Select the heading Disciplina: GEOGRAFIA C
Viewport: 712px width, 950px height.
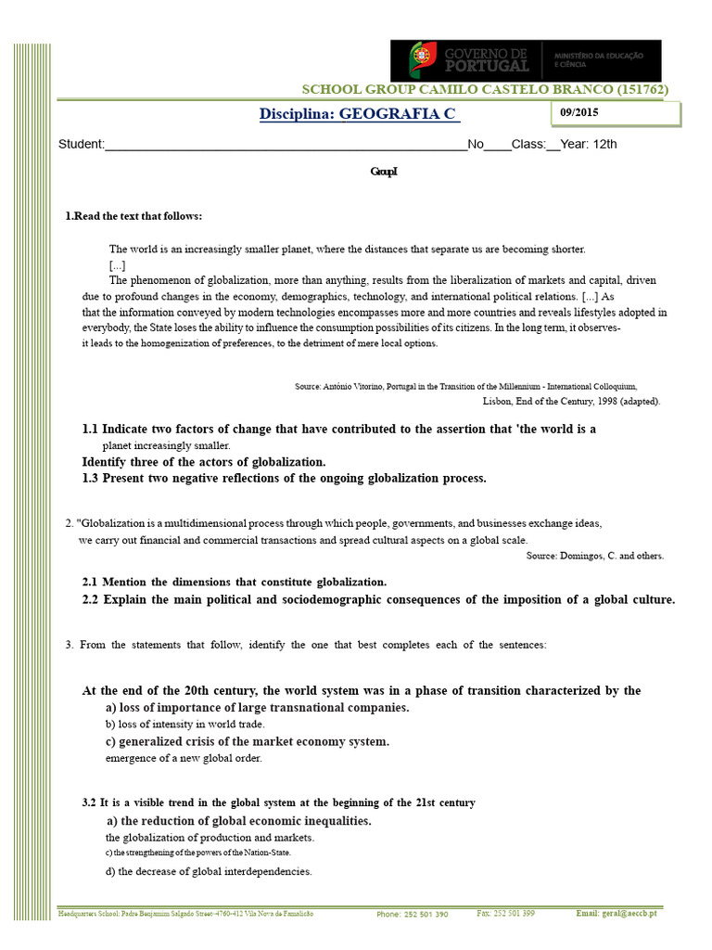point(357,114)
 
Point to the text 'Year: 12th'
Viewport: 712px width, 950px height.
point(590,144)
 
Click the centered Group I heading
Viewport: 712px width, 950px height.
point(383,172)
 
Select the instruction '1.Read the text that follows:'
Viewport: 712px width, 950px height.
point(133,216)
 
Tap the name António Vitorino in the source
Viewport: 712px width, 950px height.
point(355,386)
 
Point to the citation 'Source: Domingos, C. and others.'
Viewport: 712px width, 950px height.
point(594,556)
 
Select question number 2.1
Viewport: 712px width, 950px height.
point(90,582)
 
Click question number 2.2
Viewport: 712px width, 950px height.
point(90,599)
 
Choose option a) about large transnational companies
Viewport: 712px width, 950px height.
point(258,708)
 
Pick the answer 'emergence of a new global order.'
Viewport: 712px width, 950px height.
point(184,758)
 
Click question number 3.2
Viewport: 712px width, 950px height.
point(89,802)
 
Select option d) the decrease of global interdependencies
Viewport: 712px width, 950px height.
point(209,871)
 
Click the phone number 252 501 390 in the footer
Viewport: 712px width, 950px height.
point(413,914)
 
